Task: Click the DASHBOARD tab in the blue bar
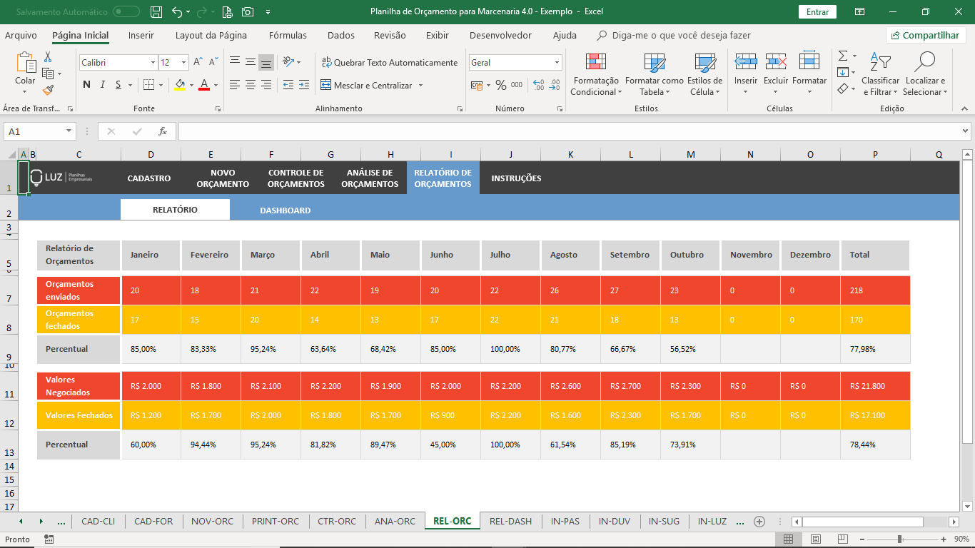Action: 285,210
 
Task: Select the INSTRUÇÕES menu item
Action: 516,178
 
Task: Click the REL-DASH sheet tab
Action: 510,521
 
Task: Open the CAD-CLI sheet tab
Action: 98,521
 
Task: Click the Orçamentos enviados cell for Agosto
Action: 570,290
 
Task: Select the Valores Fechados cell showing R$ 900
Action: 450,415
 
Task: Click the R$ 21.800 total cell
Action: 875,386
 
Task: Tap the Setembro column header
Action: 630,255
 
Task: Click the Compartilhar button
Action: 925,35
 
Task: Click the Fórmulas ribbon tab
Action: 288,35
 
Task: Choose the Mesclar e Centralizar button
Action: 371,85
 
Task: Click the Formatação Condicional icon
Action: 595,62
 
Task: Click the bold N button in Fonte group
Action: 86,84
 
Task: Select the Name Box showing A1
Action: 39,131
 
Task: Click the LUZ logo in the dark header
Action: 61,178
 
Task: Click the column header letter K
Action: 570,155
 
